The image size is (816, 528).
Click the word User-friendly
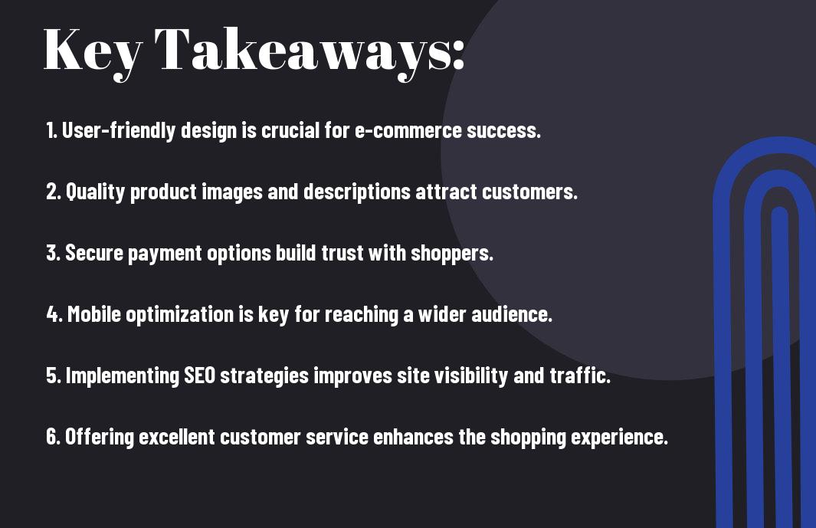(x=119, y=130)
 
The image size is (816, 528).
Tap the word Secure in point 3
(x=93, y=253)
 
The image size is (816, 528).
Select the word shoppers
(x=452, y=254)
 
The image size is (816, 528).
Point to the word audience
(x=512, y=314)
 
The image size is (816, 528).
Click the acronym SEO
(x=200, y=376)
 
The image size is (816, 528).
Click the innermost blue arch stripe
(x=779, y=365)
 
